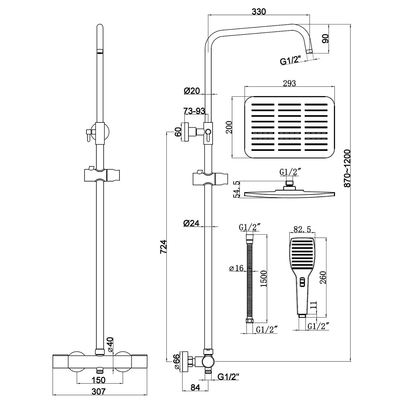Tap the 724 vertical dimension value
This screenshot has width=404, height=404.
(163, 247)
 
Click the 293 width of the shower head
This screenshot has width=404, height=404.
(289, 83)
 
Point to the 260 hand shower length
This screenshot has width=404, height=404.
(323, 279)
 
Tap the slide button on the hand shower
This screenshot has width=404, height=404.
(302, 282)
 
